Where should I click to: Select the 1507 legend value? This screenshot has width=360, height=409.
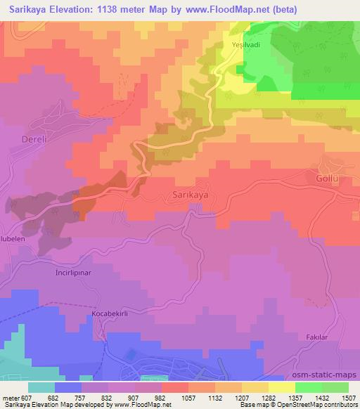click(x=349, y=397)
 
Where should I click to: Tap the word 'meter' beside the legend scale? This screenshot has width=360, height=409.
click(x=10, y=397)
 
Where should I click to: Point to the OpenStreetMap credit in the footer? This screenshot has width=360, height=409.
click(x=333, y=405)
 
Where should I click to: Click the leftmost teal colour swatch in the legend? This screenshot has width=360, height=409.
click(x=41, y=387)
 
